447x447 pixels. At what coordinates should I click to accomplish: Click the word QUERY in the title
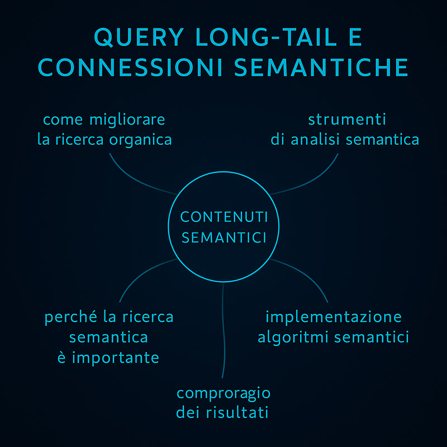[x=139, y=37]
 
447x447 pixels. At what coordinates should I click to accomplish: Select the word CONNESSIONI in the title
[x=130, y=67]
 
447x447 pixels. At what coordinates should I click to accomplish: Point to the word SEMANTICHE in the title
[x=321, y=67]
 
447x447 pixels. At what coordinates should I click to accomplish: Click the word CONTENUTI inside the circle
[x=224, y=217]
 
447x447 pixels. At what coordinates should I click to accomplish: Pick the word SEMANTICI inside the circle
[x=224, y=237]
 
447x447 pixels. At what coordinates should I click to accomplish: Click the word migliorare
[x=127, y=120]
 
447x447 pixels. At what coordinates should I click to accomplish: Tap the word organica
[x=141, y=141]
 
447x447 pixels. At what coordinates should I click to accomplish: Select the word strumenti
[x=347, y=120]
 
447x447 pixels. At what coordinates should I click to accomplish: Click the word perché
[x=71, y=317]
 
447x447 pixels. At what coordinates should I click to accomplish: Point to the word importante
[x=116, y=358]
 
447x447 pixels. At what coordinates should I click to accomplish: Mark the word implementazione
[x=334, y=317]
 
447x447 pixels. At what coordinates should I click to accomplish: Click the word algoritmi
[x=293, y=338]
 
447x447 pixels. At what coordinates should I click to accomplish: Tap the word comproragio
[x=223, y=394]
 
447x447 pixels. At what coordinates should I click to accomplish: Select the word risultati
[x=237, y=412]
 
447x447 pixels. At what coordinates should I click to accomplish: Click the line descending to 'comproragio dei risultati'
[x=224, y=331]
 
